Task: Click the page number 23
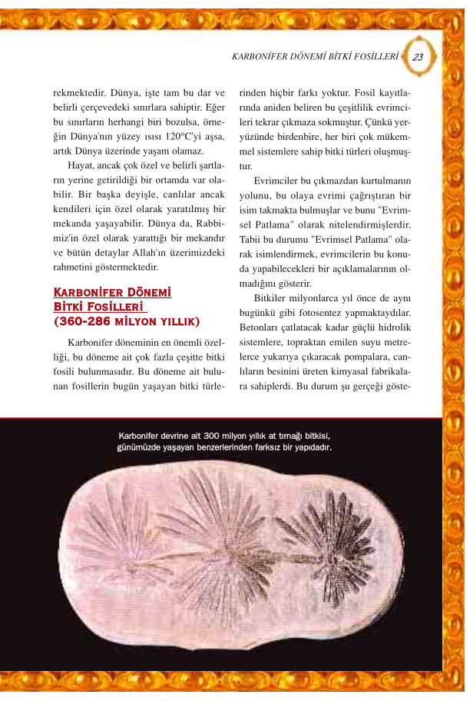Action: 418,57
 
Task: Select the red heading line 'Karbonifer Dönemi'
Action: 112,293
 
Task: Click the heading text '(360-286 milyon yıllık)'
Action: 127,321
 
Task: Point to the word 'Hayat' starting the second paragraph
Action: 84,165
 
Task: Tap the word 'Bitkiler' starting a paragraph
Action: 273,297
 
